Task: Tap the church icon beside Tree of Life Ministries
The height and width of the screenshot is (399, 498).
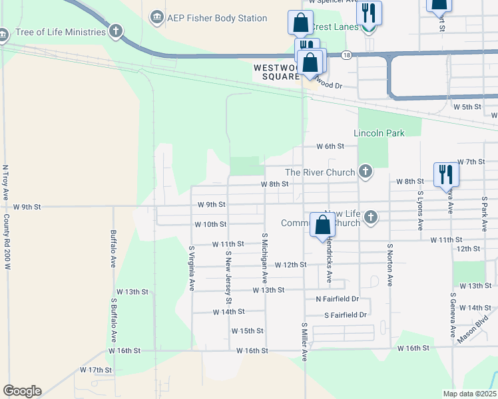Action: tap(116, 31)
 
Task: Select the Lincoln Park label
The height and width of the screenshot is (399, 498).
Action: tap(379, 133)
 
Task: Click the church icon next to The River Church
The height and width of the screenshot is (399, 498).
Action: tap(365, 172)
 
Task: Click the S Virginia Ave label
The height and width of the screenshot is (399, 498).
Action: tap(192, 269)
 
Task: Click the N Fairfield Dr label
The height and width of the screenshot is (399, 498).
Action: tap(338, 299)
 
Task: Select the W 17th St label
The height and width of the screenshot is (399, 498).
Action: tap(95, 370)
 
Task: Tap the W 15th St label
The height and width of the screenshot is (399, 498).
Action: tap(248, 331)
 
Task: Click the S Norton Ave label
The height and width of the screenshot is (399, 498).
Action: tap(389, 264)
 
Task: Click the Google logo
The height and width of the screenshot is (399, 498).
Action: tap(22, 391)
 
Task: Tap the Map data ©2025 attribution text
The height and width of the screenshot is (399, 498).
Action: tap(469, 394)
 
